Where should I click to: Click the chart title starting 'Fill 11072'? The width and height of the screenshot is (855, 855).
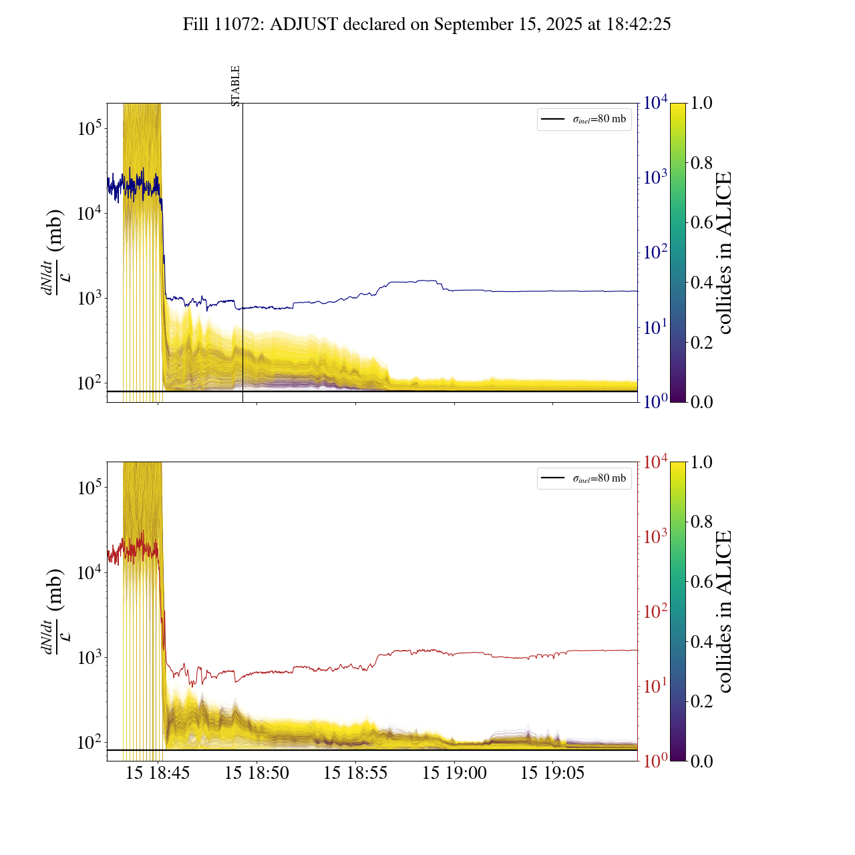427,25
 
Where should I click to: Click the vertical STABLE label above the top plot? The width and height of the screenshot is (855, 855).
235,85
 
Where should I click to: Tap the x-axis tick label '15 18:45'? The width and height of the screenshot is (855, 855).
158,774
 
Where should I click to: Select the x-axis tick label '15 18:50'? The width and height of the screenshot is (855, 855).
256,774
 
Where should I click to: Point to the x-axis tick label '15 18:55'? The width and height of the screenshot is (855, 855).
355,774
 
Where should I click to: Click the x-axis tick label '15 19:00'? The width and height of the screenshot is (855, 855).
454,774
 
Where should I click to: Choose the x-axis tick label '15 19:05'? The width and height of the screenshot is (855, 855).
552,774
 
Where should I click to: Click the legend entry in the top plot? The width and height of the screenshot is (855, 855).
584,120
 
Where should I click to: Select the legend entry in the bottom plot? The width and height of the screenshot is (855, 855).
584,478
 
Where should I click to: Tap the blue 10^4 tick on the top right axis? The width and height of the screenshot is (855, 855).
655,103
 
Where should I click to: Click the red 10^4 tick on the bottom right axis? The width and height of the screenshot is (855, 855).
655,462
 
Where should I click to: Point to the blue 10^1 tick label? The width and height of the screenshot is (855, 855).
655,327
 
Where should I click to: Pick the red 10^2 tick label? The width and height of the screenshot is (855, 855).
655,611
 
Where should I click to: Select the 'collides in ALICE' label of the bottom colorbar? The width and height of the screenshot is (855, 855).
724,611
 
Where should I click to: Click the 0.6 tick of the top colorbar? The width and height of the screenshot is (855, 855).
701,222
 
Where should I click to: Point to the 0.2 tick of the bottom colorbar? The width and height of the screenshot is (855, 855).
701,701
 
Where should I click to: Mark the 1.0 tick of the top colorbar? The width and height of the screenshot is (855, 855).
701,104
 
